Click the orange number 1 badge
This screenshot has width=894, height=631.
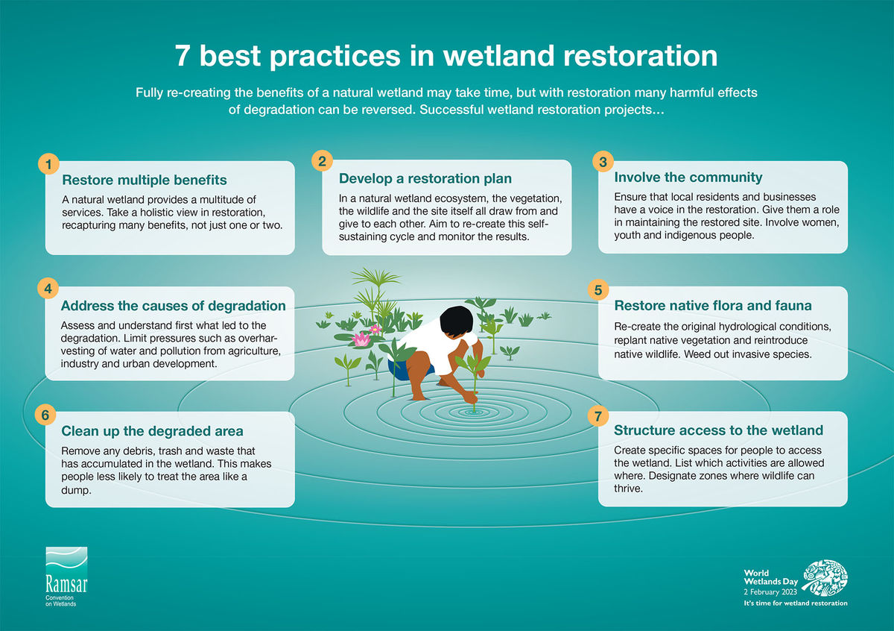48,164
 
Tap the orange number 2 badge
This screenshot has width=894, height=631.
322,160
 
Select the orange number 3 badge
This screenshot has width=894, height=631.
603,161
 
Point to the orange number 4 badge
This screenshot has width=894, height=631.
48,288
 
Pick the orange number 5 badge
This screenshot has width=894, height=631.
598,289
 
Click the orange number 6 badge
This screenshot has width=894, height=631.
45,415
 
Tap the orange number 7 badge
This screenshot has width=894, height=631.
598,416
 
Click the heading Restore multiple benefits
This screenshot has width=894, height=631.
145,180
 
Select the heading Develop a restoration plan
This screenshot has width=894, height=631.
425,178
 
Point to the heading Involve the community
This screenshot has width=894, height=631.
688,177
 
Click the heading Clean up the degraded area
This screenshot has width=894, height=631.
152,431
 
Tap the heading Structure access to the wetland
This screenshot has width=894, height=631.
718,430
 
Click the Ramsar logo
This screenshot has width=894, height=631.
66,577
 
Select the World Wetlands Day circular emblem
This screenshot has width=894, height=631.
825,577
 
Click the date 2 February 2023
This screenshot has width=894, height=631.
770,591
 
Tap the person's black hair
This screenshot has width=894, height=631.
456,321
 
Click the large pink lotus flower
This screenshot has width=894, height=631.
361,339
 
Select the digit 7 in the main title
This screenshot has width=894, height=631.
182,55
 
